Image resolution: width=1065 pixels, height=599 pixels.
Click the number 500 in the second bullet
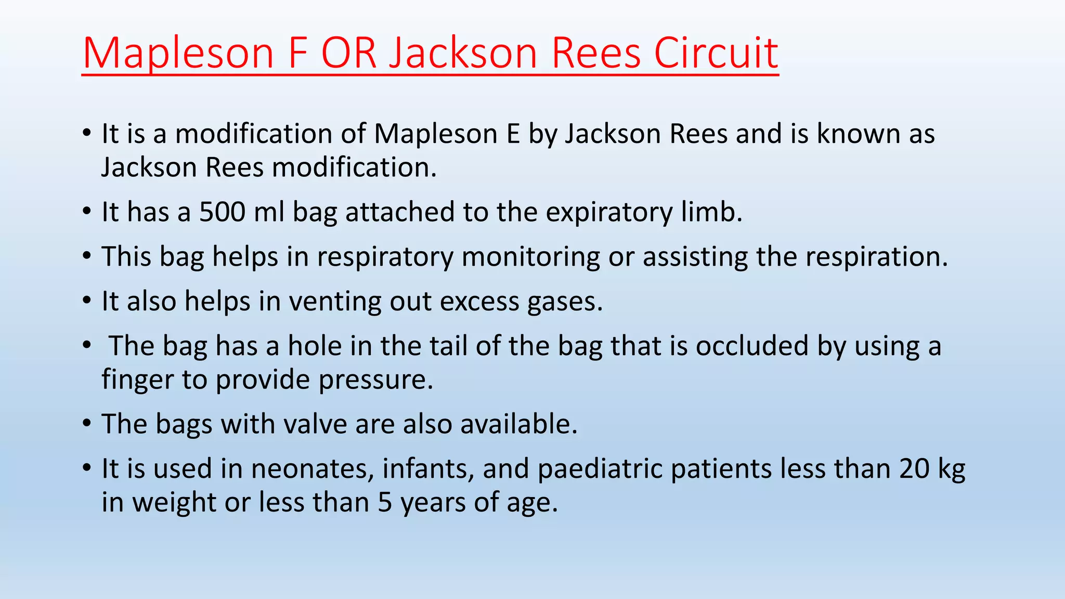[x=222, y=212]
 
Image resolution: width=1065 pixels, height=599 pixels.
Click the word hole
[x=315, y=346]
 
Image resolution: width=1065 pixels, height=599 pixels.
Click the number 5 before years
[x=385, y=503]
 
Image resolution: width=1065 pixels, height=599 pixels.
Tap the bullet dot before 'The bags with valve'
[x=87, y=423]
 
